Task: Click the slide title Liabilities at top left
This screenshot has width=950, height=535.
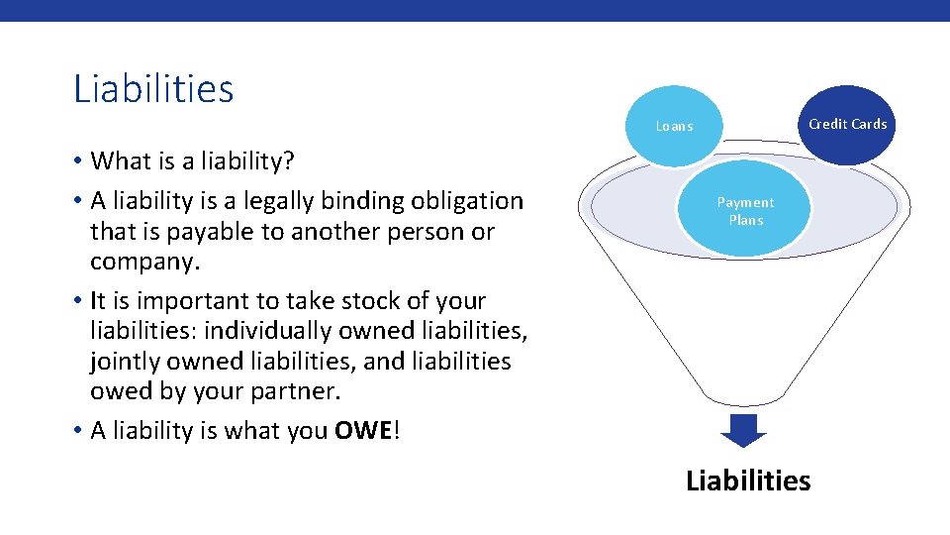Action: [153, 89]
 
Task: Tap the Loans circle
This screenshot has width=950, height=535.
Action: [674, 126]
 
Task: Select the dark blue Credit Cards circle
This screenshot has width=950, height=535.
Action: [847, 124]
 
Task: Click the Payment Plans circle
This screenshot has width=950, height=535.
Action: [745, 211]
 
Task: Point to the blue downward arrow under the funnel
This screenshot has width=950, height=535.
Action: [743, 430]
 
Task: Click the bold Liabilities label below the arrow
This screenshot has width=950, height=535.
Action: [748, 481]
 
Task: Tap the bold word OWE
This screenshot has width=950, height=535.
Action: [363, 431]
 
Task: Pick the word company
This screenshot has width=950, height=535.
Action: [144, 263]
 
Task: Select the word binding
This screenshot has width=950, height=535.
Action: [366, 201]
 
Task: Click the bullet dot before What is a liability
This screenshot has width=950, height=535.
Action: [77, 160]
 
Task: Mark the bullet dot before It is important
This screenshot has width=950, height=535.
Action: [77, 300]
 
